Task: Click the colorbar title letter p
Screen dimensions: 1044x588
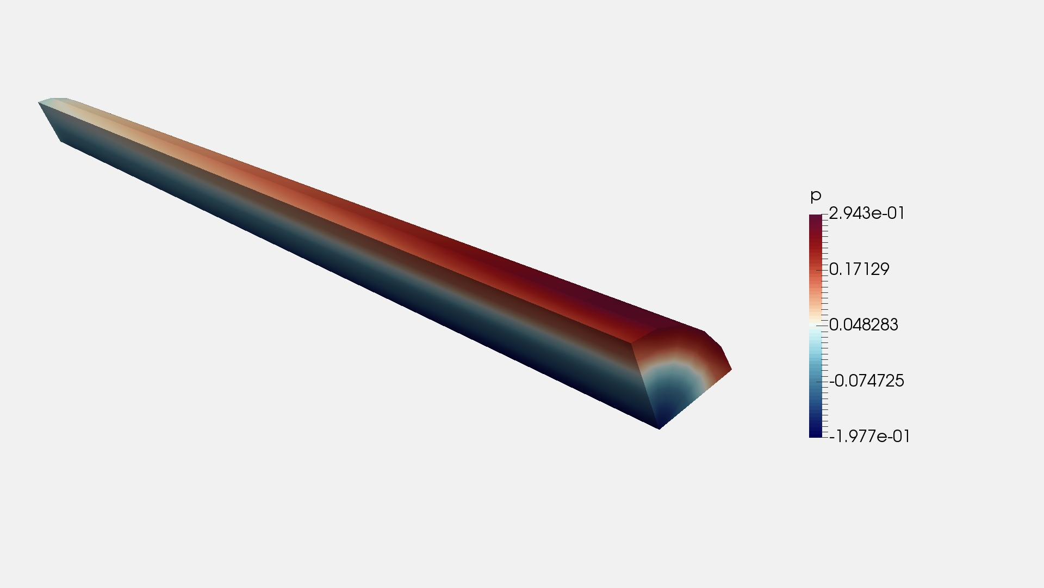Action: [815, 196]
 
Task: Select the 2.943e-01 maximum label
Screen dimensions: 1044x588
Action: [867, 213]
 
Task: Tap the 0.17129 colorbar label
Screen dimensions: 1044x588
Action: [859, 269]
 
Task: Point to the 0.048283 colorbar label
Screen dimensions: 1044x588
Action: [863, 324]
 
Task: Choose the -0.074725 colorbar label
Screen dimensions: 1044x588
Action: [867, 381]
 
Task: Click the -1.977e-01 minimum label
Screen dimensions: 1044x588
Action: [869, 436]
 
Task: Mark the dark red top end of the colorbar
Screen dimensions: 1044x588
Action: [816, 218]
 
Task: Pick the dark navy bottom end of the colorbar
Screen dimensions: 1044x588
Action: [816, 433]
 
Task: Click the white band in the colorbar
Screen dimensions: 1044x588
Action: [816, 325]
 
